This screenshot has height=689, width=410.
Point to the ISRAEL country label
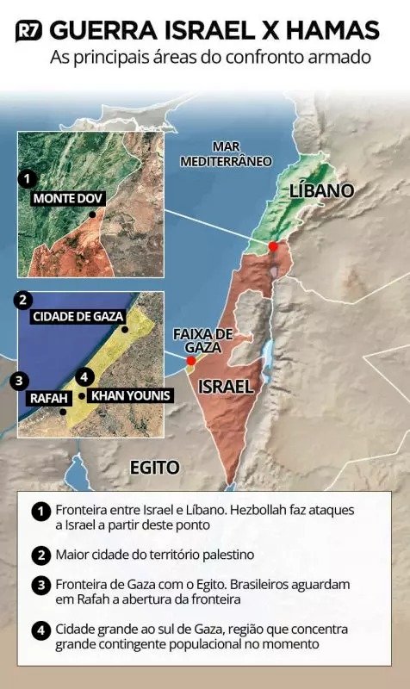pyautogui.click(x=226, y=387)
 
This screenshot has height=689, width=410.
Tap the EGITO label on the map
pyautogui.click(x=154, y=468)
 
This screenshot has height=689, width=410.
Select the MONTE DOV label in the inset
pyautogui.click(x=69, y=199)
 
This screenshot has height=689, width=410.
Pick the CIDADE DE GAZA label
pyautogui.click(x=78, y=316)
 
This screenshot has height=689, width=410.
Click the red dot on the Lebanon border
pyautogui.click(x=273, y=246)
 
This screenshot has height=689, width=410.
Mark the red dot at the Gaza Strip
pyautogui.click(x=190, y=360)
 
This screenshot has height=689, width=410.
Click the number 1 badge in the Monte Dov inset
pyautogui.click(x=28, y=179)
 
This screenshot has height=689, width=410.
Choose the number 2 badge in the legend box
pyautogui.click(x=40, y=554)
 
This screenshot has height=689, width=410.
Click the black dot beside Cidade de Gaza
pyautogui.click(x=125, y=329)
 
